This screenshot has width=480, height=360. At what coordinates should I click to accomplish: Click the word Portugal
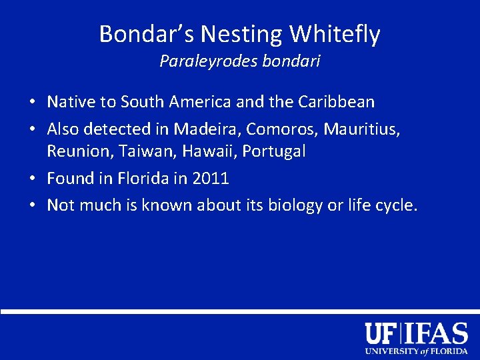274,151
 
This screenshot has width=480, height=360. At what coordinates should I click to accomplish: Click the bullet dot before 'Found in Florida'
32,179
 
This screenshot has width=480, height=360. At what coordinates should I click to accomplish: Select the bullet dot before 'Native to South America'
32,103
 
